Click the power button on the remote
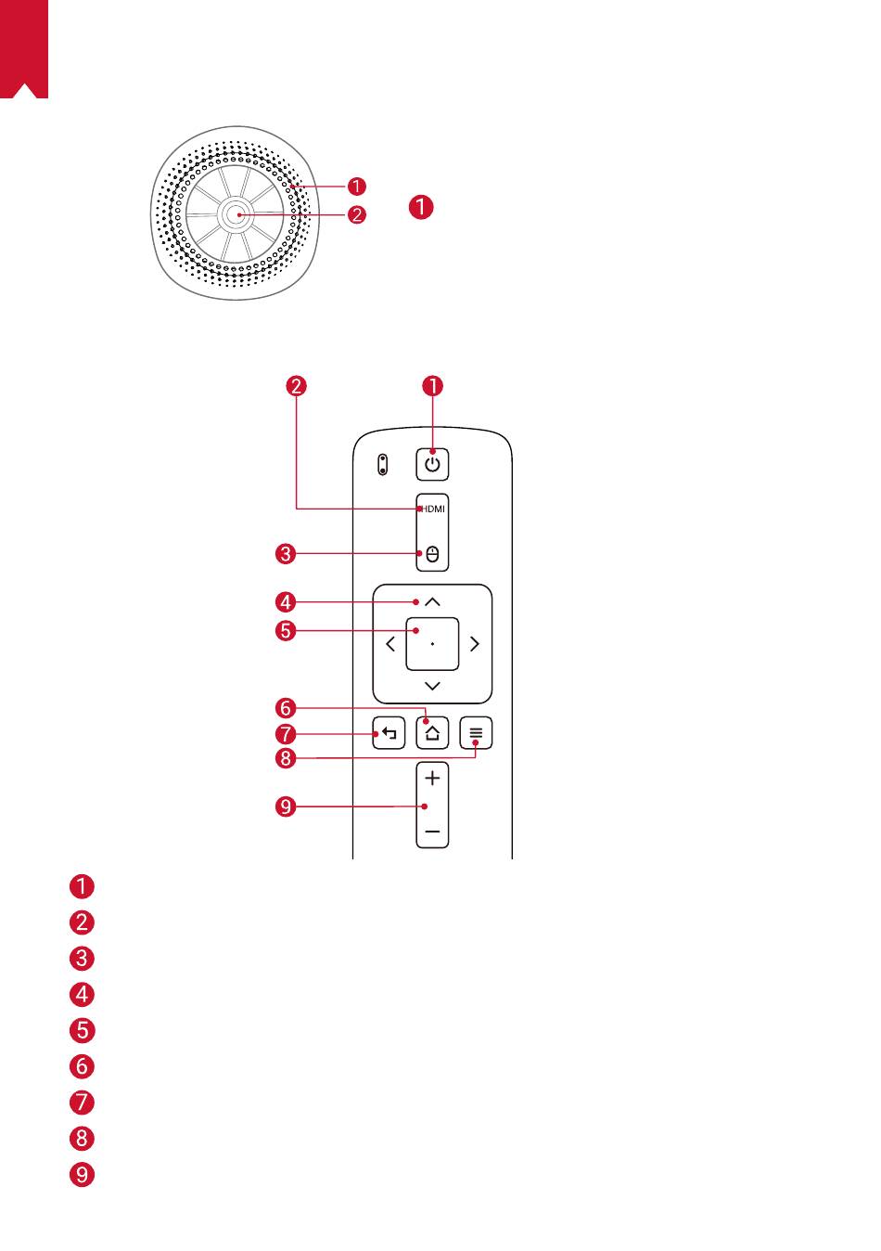432,464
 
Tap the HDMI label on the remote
433,509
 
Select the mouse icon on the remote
432,555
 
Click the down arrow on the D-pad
432,686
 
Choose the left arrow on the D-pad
390,644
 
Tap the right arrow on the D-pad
475,644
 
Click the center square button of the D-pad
432,644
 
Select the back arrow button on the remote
389,733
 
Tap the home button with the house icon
432,733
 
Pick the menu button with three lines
476,733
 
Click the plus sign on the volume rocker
432,778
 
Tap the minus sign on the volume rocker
432,832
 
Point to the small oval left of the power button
383,465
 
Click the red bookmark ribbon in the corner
24,49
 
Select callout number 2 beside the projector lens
357,214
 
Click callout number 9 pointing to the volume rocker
286,806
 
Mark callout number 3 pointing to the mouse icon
286,554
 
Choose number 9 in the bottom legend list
82,1174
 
